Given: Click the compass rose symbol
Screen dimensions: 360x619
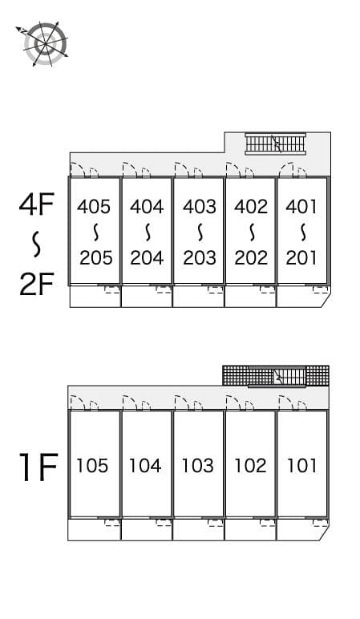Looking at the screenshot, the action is click(44, 43).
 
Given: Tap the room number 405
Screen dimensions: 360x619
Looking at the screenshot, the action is click(94, 206).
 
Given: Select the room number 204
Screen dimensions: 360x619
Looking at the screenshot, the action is click(147, 258).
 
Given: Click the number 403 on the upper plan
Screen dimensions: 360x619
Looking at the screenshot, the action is click(200, 206).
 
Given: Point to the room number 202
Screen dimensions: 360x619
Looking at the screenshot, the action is click(251, 258).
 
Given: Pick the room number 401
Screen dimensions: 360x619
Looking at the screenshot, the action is click(301, 206).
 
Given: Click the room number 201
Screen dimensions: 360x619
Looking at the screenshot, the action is click(301, 258).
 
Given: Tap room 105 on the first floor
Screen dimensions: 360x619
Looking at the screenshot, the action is click(92, 465).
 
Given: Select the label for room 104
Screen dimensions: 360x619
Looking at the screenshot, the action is click(145, 465).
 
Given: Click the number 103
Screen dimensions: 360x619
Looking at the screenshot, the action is click(198, 465).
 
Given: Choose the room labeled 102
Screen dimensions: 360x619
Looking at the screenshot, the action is click(250, 465).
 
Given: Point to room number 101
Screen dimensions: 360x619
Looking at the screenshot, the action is click(301, 465).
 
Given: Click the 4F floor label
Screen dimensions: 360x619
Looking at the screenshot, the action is click(36, 204).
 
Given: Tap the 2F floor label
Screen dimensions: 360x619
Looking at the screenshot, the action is click(36, 285).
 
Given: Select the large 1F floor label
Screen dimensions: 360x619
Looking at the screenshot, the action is click(38, 467).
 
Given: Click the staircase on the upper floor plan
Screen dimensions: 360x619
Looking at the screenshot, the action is click(276, 144).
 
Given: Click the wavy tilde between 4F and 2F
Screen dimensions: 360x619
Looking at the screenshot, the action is click(37, 245).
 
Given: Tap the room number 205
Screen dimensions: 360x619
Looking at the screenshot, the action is click(96, 258).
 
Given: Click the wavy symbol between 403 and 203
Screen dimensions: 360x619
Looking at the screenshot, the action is click(200, 233).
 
